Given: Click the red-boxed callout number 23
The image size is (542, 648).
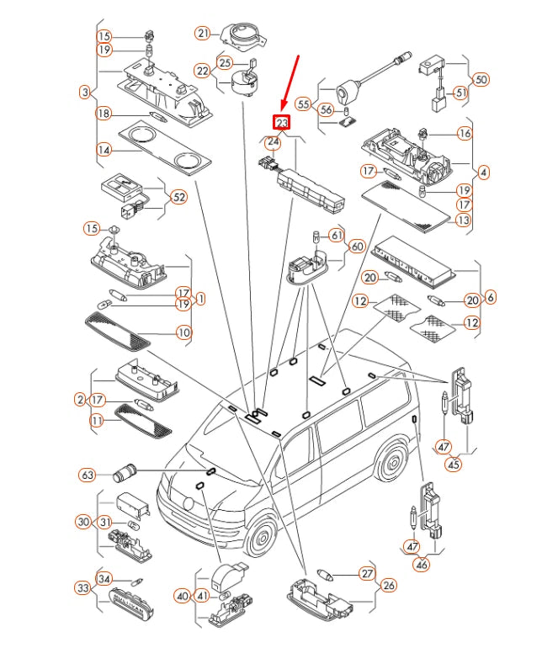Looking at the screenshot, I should (x=281, y=123).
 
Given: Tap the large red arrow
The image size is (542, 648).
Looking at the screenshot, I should (x=291, y=84).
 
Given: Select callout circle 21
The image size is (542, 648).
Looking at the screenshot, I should (x=202, y=34).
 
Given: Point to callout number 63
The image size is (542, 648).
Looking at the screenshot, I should (x=87, y=475).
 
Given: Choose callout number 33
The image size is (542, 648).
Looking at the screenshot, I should (x=82, y=587).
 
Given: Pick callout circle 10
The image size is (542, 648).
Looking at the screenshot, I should (x=183, y=332).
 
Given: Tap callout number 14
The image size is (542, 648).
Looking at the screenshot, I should (x=104, y=151).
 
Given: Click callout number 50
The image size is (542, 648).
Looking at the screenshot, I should (x=481, y=80).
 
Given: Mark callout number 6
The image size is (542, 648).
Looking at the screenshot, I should (x=491, y=297).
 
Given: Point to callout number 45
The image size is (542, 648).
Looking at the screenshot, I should (x=454, y=463).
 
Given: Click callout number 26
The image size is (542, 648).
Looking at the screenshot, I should (x=388, y=585).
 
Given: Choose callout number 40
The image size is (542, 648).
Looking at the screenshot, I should (x=183, y=596).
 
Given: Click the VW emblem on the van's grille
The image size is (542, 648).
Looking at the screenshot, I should (x=189, y=506).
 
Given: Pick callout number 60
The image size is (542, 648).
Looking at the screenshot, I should (x=357, y=247).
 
